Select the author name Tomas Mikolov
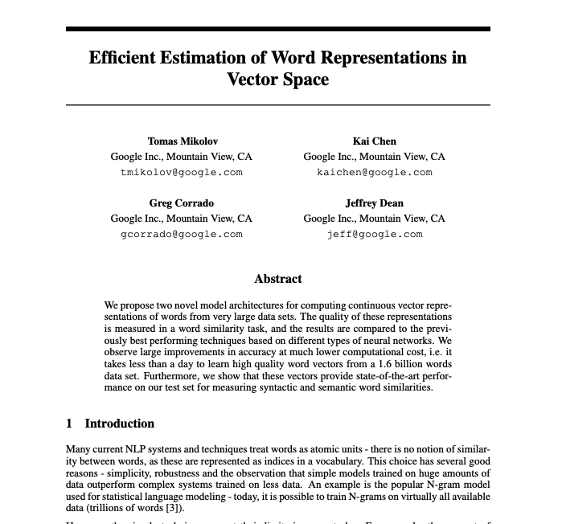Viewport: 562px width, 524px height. pos(183,141)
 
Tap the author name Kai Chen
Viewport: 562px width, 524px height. pos(374,141)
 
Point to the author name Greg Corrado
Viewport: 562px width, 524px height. pos(182,203)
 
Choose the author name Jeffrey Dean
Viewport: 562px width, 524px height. pos(374,203)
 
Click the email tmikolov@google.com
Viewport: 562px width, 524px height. pos(182,172)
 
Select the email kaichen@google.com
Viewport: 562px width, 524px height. pos(374,172)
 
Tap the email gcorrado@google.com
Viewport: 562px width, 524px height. pos(182,234)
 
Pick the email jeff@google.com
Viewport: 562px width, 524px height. pos(374,234)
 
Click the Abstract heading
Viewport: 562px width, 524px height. pos(278,279)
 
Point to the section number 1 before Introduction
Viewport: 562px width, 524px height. pos(69,424)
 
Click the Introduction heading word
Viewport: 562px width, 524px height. pos(120,424)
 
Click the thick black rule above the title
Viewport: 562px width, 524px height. pos(278,29)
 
